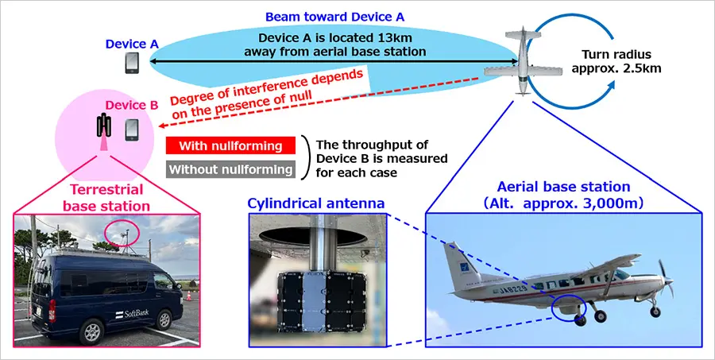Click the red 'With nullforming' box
(x=230, y=146)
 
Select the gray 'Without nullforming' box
(x=230, y=169)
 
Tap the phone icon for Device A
(x=131, y=63)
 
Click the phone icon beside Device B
(x=132, y=129)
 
